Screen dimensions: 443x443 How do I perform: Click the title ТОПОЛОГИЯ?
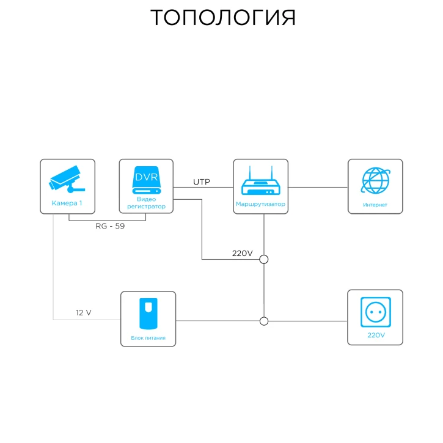coord(223,18)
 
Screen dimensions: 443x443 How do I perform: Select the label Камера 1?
coord(67,203)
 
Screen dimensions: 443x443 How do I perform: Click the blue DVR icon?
coord(146,180)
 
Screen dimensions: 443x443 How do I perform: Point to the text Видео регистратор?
coord(146,203)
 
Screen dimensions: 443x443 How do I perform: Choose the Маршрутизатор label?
coord(261,204)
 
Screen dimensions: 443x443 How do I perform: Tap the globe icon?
coord(375,181)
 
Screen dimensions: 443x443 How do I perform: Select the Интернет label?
coord(375,205)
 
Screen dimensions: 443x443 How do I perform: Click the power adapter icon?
coord(148,313)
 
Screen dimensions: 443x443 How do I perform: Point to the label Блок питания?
coord(148,337)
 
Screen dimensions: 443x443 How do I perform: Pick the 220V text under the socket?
coord(375,335)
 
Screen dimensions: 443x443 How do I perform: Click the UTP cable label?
coord(202,181)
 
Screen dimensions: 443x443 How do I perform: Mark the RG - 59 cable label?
coord(111,226)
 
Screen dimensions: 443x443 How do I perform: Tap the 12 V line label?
coord(84,313)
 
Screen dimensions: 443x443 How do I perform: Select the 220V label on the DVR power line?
coord(242,253)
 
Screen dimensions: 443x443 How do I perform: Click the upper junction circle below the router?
coord(264,259)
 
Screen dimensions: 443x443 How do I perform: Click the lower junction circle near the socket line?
coord(264,321)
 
